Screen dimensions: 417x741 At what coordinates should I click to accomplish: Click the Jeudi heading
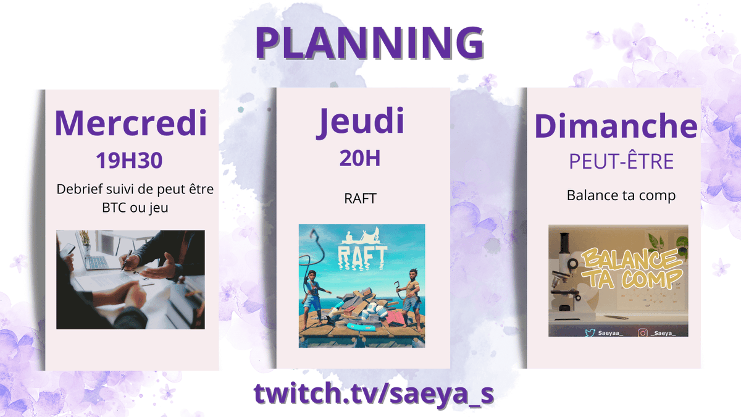tap(361, 121)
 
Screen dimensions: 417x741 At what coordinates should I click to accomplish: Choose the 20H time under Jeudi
tap(359, 159)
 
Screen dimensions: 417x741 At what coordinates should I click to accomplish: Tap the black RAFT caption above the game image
tap(360, 199)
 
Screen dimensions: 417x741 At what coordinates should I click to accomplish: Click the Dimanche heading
tap(616, 125)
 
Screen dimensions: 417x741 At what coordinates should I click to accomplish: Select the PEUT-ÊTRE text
tap(621, 162)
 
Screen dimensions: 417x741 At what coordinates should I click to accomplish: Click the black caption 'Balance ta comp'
tap(621, 195)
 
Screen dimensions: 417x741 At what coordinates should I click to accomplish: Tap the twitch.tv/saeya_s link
tap(374, 394)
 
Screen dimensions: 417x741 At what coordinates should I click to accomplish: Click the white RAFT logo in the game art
tap(362, 255)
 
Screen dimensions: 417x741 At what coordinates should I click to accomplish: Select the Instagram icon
tap(643, 332)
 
